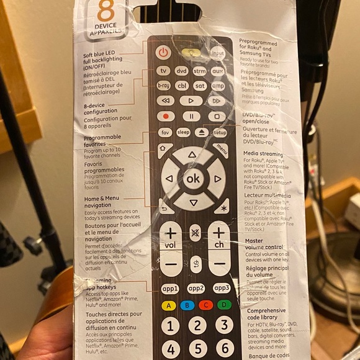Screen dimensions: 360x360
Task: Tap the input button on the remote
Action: click(x=218, y=53)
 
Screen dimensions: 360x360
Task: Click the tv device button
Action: click(x=163, y=71)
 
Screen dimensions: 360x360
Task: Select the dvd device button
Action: click(x=181, y=71)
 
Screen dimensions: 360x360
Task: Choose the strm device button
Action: click(x=200, y=71)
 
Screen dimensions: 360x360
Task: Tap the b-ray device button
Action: click(x=163, y=86)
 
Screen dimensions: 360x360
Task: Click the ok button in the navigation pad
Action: click(x=193, y=179)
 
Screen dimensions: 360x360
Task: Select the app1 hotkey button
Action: click(x=169, y=288)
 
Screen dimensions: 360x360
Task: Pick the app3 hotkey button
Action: click(x=222, y=288)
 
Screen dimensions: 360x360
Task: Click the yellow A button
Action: click(x=167, y=305)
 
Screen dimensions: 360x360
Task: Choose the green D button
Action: click(x=223, y=305)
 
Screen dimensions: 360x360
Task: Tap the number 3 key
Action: click(x=224, y=325)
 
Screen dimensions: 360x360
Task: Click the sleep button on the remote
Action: click(x=183, y=132)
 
